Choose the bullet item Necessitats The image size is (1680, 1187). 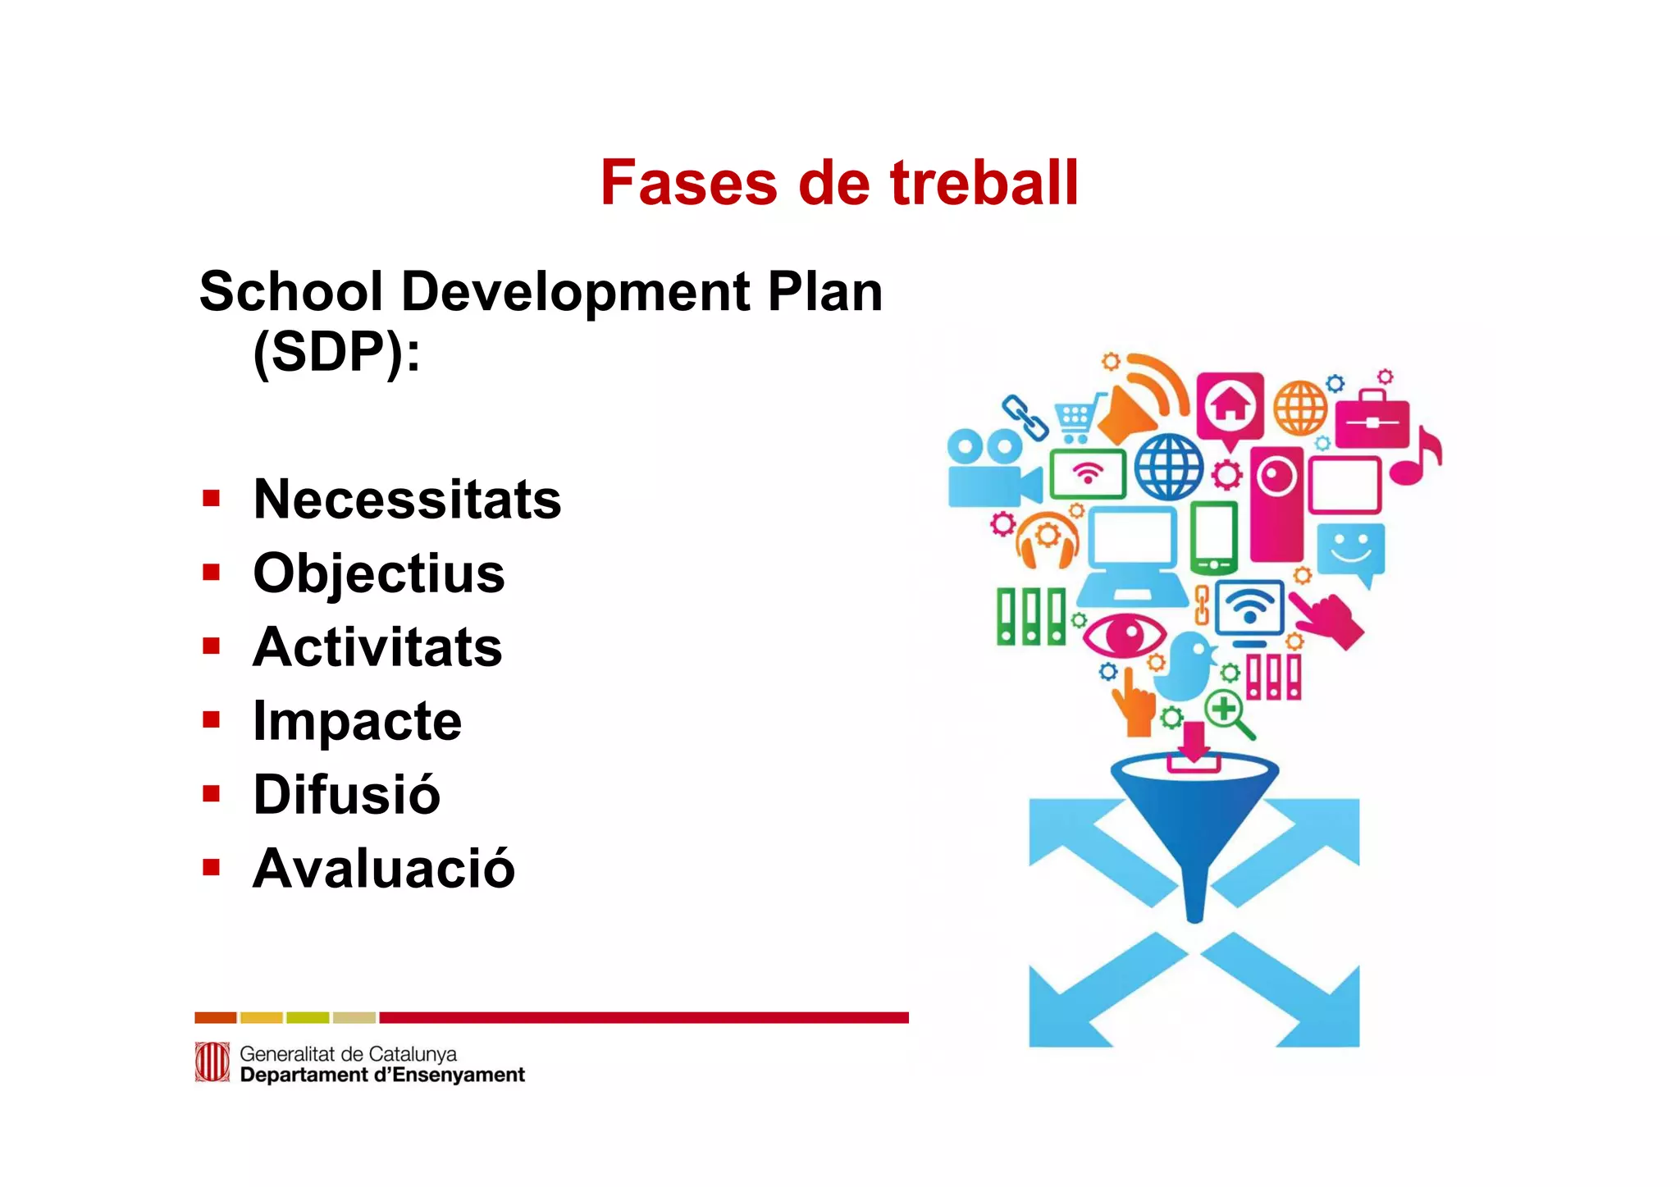pos(407,499)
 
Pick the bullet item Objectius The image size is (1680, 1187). pos(379,573)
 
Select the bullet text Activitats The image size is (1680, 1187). pos(377,646)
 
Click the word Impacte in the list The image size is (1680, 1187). pos(358,721)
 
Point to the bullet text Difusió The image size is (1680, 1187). pos(347,794)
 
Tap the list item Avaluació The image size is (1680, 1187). pos(384,868)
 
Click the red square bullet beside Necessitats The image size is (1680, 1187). pos(212,499)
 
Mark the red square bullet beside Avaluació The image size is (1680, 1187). pos(212,868)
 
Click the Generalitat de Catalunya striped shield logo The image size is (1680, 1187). pos(212,1062)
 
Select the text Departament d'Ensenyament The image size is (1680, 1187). pos(382,1075)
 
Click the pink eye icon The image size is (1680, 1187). pos(1125,634)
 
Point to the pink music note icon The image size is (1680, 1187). pos(1417,458)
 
